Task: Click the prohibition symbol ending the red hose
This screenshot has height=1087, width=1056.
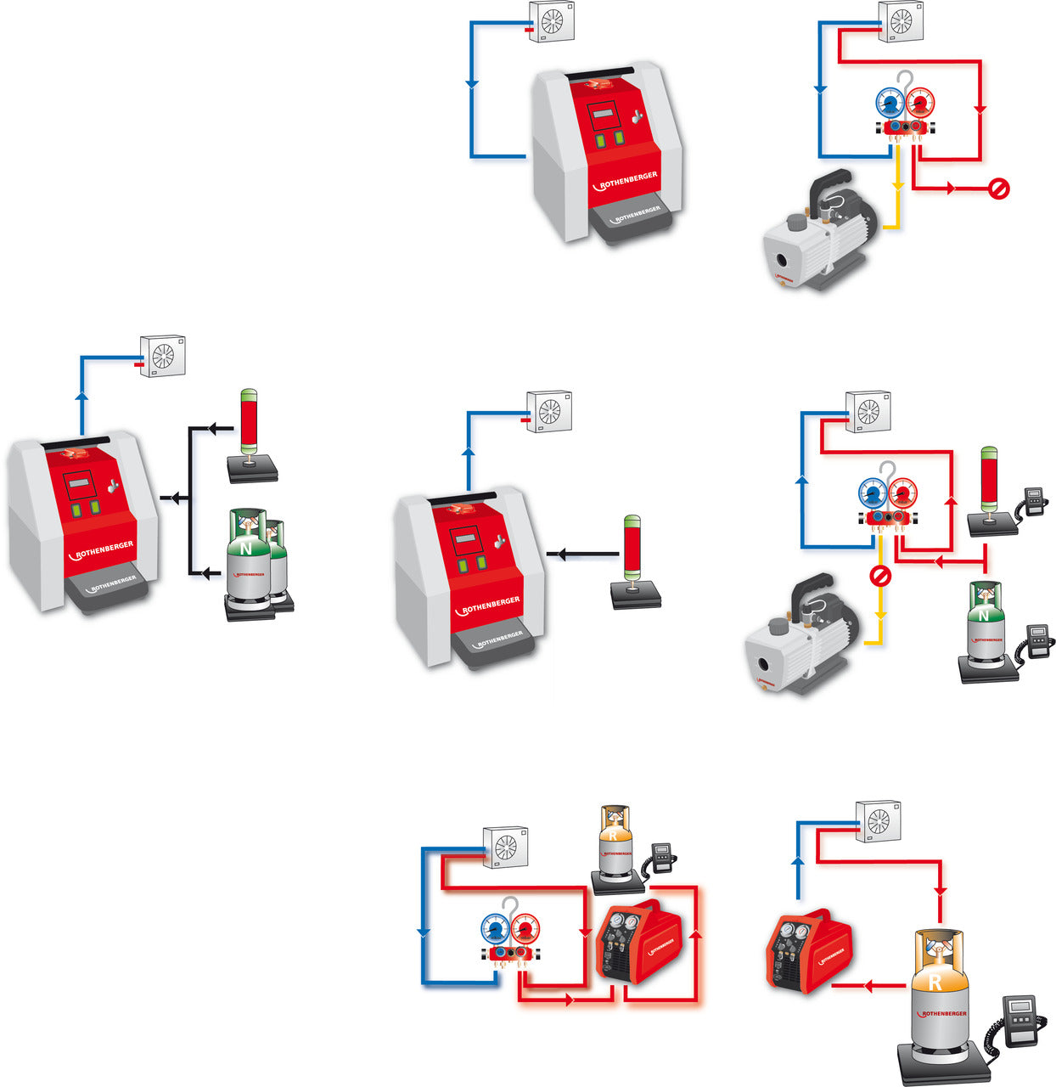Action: point(999,189)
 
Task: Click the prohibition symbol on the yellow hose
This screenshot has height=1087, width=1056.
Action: point(880,577)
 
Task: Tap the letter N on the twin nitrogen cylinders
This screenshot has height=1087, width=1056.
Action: point(246,549)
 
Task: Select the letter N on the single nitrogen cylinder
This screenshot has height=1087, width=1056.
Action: point(984,615)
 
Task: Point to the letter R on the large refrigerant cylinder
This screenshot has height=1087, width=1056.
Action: point(935,983)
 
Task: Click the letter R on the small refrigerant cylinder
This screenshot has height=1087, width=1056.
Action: point(613,835)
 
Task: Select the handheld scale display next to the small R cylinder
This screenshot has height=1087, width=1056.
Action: point(660,854)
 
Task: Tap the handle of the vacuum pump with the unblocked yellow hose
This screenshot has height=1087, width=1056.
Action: point(830,187)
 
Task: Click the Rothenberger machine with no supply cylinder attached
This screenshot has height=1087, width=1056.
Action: point(606,154)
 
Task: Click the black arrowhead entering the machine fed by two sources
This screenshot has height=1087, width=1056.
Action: point(175,498)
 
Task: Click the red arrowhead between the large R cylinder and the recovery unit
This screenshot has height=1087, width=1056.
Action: point(868,986)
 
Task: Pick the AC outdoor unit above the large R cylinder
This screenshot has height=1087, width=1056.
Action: point(878,820)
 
